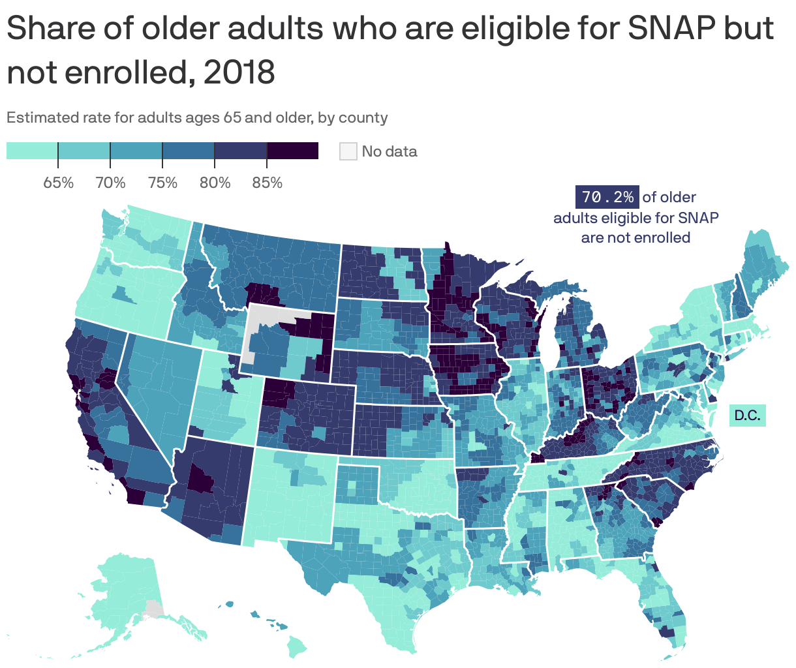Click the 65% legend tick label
58,183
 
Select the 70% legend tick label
110,183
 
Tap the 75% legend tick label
162,183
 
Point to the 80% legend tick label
215,183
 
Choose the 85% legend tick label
267,183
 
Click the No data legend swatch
348,151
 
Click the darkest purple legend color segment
292,151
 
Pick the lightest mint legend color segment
32,151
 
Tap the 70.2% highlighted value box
606,197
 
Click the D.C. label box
747,416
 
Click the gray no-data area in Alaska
153,609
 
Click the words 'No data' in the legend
389,151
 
